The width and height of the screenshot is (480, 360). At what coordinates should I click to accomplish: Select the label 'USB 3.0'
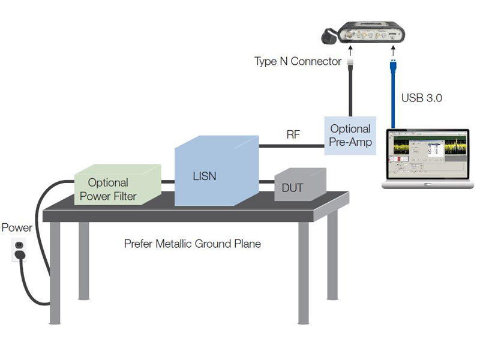pyautogui.click(x=421, y=97)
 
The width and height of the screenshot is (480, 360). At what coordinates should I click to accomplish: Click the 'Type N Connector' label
pyautogui.click(x=297, y=62)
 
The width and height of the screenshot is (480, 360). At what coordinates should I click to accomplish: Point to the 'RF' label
pyautogui.click(x=293, y=136)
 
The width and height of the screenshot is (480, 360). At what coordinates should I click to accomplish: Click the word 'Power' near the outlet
pyautogui.click(x=17, y=228)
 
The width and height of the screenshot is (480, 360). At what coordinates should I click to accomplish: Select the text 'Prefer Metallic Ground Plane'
pyautogui.click(x=192, y=244)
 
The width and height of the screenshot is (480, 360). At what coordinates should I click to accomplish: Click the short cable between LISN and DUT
pyautogui.click(x=267, y=181)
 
